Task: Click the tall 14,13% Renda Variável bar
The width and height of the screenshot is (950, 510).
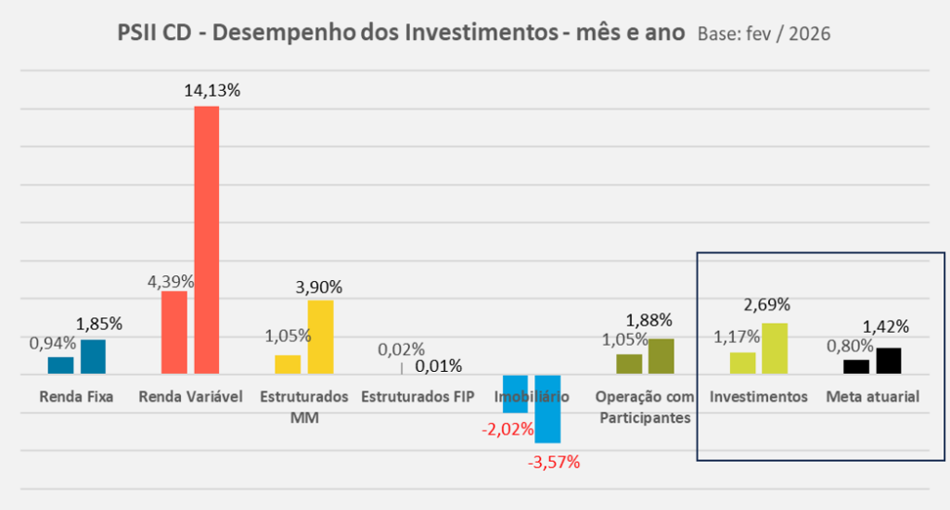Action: click(206, 241)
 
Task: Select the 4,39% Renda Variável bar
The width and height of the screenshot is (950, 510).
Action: click(174, 334)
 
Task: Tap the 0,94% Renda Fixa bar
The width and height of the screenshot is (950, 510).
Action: click(60, 366)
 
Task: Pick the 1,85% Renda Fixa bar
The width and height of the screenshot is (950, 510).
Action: click(93, 358)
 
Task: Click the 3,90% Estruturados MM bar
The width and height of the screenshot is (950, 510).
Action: click(320, 338)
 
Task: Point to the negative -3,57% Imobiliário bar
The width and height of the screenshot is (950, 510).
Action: click(547, 409)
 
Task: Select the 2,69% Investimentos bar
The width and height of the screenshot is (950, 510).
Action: click(775, 349)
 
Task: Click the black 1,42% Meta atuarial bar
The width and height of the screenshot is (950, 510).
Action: click(889, 361)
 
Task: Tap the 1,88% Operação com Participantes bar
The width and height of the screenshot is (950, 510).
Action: click(661, 357)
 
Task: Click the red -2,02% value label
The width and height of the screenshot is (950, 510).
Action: click(507, 429)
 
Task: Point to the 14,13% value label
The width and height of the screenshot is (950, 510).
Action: click(212, 91)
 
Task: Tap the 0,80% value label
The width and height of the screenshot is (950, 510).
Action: click(849, 345)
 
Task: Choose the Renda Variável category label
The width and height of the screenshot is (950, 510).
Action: click(190, 398)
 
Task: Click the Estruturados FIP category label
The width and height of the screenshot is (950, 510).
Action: click(417, 398)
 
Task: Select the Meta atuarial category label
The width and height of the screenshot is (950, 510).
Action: click(872, 398)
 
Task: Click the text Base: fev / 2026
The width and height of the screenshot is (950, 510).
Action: click(764, 34)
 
